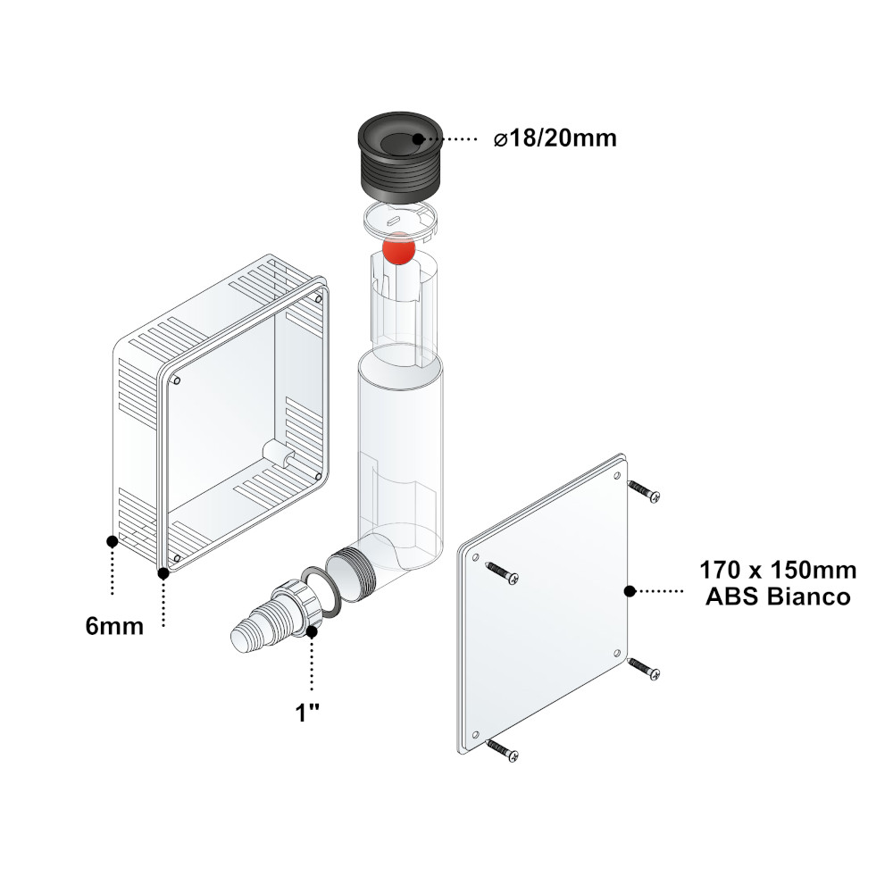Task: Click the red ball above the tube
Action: coord(398,249)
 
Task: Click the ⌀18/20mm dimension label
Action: coord(555,138)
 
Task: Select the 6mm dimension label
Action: coord(114,627)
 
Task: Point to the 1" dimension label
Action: coord(307,713)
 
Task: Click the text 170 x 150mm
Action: coord(778,570)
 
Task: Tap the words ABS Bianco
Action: coord(778,597)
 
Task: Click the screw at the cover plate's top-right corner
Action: coord(644,491)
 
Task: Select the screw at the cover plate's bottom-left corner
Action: coord(503,751)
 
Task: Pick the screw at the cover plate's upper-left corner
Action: coord(502,573)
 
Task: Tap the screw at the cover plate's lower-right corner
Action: coord(644,669)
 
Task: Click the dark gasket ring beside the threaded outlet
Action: coord(322,589)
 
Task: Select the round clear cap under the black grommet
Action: coord(400,220)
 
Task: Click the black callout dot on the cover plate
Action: coord(630,592)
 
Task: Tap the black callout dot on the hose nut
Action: coord(312,631)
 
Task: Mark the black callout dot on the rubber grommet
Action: coord(417,138)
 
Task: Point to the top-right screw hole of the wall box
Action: coord(318,298)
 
